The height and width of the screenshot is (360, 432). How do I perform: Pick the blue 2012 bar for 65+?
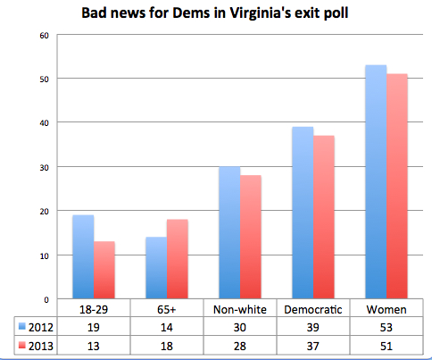coord(157,267)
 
